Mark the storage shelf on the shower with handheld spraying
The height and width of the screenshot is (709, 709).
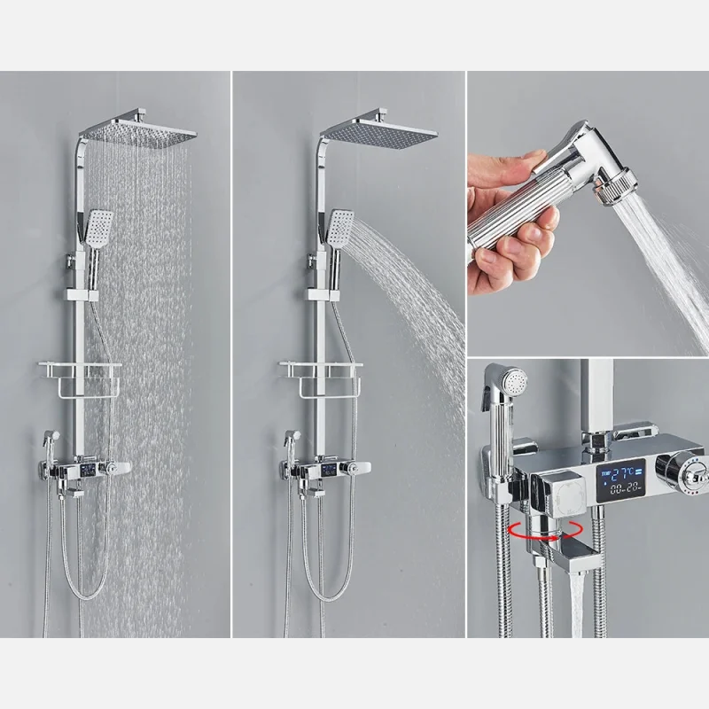[322, 372]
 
